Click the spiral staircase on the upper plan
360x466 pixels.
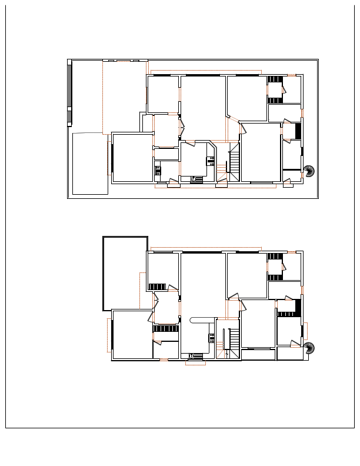309,172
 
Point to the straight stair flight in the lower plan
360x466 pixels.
233,341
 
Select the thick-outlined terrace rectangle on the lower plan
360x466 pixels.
125,273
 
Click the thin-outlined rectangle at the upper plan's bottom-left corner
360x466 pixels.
90,164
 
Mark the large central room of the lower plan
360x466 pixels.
203,282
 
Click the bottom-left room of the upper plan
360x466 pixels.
132,158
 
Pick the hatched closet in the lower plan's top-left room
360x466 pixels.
157,287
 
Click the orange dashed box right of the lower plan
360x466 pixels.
305,331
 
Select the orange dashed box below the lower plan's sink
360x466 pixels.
195,362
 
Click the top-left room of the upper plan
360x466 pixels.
162,94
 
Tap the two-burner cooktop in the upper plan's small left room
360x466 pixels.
158,171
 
